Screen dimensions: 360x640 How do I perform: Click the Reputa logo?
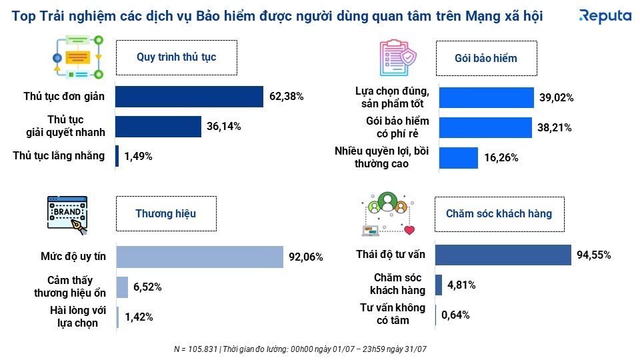(605, 15)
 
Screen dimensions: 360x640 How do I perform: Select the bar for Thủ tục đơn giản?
(189, 97)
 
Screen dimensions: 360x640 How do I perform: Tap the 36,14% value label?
(223, 126)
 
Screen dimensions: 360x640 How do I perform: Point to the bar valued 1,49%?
(117, 156)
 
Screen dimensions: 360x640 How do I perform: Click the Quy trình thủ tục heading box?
(176, 57)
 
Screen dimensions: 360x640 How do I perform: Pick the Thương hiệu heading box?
(166, 213)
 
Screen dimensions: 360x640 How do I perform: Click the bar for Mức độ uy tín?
(199, 256)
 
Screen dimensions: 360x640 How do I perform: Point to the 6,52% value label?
(147, 287)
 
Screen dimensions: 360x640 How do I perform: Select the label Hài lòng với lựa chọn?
(74, 317)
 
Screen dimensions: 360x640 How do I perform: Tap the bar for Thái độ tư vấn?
(503, 255)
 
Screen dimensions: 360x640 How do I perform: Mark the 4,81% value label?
(461, 285)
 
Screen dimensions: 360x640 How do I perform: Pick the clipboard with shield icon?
(397, 57)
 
